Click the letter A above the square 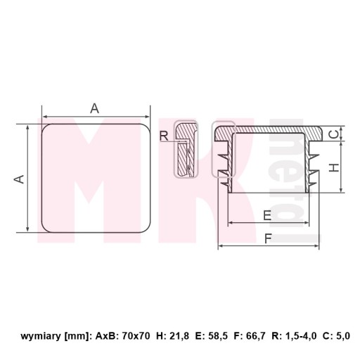(x=95, y=108)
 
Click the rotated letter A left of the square (x=19, y=179)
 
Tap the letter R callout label (x=164, y=136)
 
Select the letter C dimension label (x=335, y=134)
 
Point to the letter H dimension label (x=334, y=167)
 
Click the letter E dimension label (x=267, y=215)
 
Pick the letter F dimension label (x=268, y=239)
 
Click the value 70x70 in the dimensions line (x=136, y=336)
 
